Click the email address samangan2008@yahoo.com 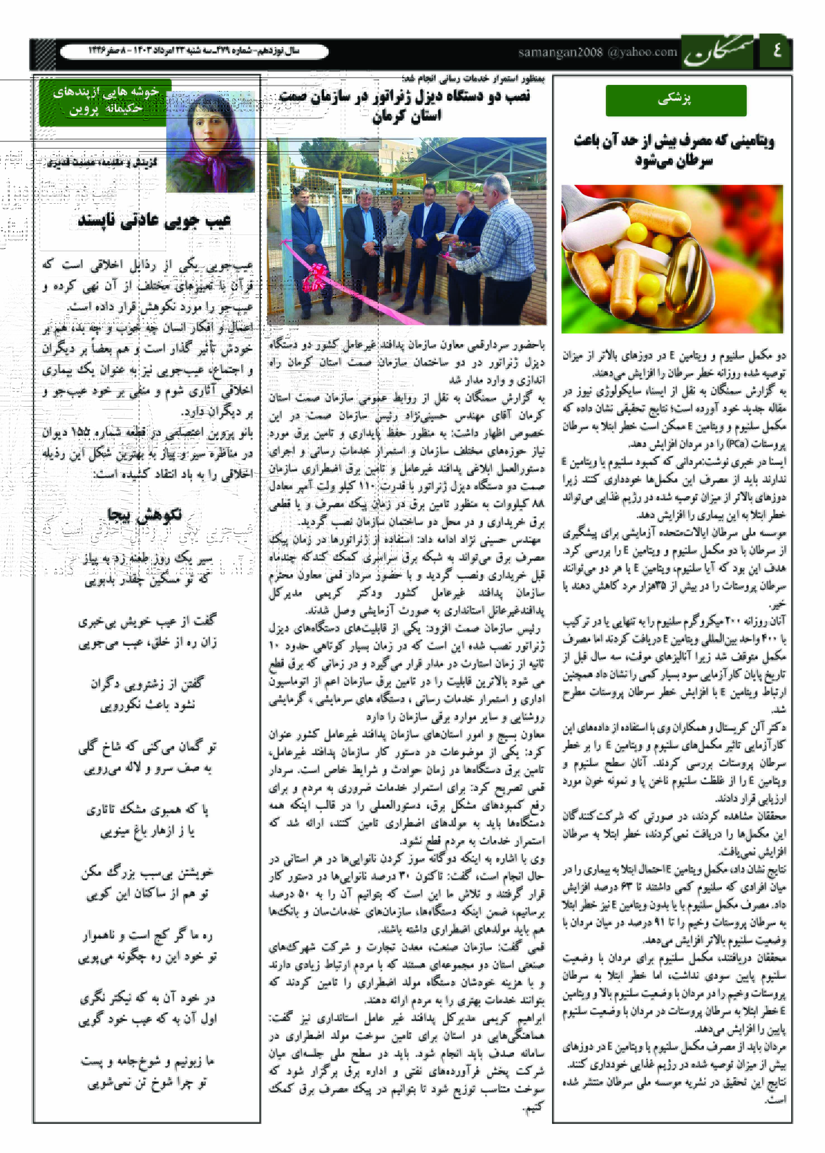(x=597, y=52)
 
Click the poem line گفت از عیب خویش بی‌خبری (x=147, y=621)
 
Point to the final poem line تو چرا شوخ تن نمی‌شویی (x=147, y=1084)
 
